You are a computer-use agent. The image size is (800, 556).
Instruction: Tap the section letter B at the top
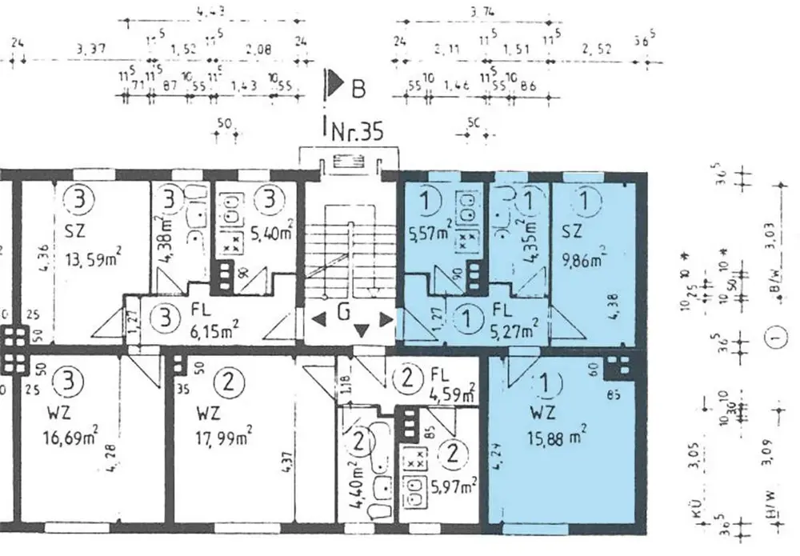point(358,87)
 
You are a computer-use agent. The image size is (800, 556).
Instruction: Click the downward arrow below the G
point(362,329)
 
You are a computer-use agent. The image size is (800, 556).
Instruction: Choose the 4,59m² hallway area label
point(454,393)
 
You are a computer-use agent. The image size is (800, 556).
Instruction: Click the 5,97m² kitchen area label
point(455,483)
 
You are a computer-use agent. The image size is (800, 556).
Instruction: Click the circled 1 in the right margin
point(772,339)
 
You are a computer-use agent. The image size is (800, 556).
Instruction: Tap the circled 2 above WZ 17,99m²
point(230,381)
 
